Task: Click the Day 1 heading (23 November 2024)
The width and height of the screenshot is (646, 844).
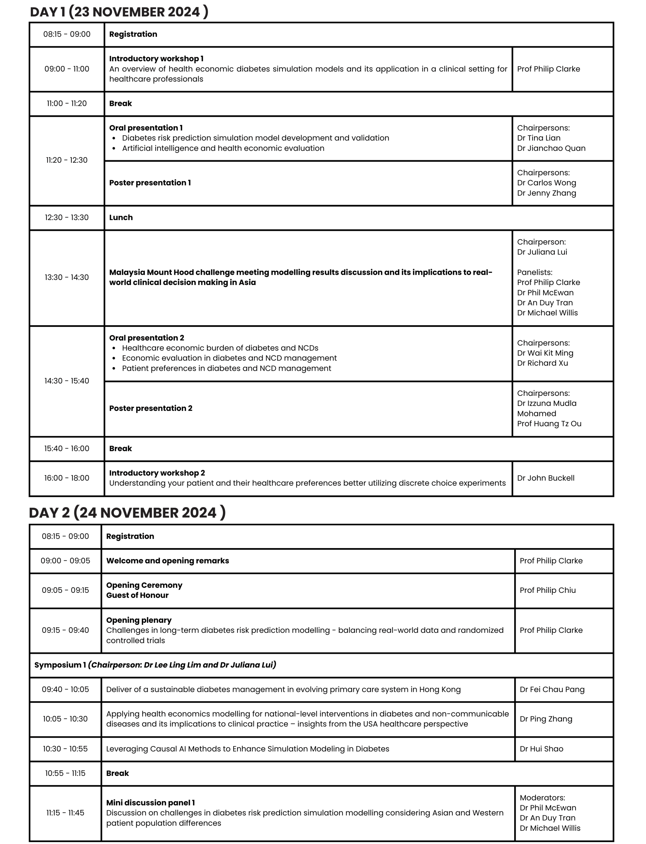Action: pos(119,12)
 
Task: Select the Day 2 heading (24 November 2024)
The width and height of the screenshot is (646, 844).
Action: pos(127,513)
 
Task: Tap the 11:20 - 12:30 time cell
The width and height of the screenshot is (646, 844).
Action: pos(67,160)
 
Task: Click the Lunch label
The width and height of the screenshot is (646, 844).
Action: pos(121,217)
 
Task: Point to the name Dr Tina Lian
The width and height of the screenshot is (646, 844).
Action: pos(538,138)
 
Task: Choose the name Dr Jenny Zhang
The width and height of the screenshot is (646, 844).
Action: pos(546,193)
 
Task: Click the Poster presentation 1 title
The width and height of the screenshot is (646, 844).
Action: pos(150,183)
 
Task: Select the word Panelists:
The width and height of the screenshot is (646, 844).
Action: pos(534,272)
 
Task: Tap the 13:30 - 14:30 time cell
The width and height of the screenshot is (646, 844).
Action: pos(67,278)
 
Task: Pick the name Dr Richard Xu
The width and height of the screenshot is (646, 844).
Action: pos(542,363)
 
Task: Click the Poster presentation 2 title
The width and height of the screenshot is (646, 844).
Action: pos(151,408)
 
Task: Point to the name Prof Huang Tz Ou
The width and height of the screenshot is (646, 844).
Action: pos(549,424)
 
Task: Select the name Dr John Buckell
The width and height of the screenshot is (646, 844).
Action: pos(546,478)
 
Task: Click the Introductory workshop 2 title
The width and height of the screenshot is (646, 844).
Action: pos(157,473)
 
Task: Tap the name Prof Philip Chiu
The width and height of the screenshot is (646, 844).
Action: pos(548,590)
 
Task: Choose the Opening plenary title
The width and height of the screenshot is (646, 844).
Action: pos(139,620)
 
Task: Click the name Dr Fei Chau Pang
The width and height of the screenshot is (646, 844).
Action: pos(552,689)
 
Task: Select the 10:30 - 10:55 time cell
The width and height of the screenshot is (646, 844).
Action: pos(65,749)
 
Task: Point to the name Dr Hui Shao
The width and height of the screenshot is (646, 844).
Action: pos(541,749)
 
